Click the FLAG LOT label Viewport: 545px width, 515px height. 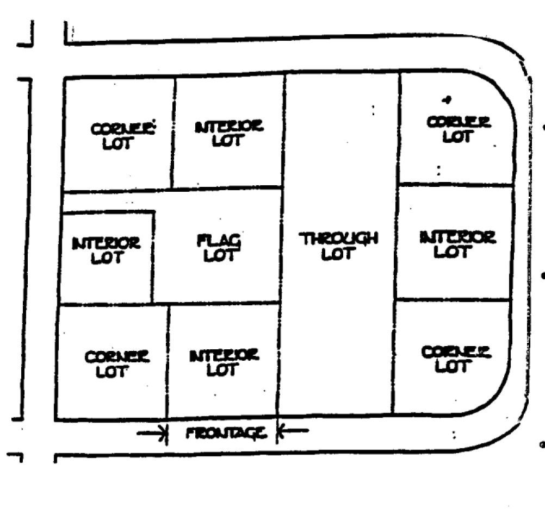click(219, 247)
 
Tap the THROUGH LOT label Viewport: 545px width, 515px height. click(340, 246)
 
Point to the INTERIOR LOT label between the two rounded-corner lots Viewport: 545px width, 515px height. click(457, 244)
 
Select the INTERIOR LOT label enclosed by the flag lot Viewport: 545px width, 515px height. click(106, 249)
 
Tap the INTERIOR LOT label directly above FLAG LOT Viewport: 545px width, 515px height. click(229, 132)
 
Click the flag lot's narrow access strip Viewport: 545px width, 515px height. click(109, 201)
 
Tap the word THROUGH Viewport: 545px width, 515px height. click(340, 238)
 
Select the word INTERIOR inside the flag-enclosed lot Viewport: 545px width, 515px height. click(106, 243)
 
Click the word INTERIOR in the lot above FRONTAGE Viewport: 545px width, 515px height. click(224, 356)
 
